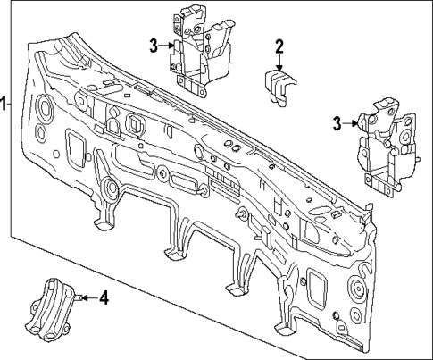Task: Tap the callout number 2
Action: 279,46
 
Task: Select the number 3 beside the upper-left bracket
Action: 154,46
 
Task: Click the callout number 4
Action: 104,297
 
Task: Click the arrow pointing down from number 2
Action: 279,63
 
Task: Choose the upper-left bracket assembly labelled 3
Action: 202,49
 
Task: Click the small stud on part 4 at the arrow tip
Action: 78,297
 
